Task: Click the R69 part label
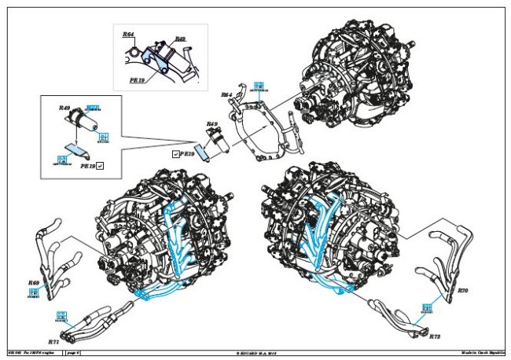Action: point(34,282)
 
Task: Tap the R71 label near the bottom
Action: point(53,343)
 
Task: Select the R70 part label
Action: point(462,291)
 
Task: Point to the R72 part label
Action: point(435,336)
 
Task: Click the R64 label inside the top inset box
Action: point(128,35)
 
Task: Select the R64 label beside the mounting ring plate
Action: point(226,95)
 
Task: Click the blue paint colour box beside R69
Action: point(34,294)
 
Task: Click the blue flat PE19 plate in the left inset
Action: point(75,148)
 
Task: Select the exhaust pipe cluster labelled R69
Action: point(59,252)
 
